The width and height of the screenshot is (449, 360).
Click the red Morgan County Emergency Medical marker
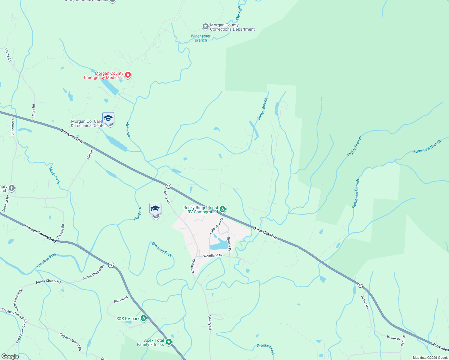click(128, 75)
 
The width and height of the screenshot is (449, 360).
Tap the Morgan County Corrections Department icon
click(205, 27)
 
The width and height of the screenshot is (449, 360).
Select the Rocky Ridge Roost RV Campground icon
click(222, 209)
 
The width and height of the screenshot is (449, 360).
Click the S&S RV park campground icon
click(144, 318)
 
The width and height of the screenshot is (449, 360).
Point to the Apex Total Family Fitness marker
click(169, 342)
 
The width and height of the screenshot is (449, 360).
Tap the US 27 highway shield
click(111, 265)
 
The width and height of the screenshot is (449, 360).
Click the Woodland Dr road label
click(213, 256)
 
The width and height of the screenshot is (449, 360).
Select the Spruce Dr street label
click(229, 244)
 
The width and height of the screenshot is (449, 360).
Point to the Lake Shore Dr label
click(217, 226)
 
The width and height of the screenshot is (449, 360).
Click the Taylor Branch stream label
click(354, 146)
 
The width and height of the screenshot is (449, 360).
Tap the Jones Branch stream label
click(263, 109)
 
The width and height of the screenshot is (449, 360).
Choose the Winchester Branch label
click(201, 38)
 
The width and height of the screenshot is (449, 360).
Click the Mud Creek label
click(55, 175)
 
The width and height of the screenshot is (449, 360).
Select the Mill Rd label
click(90, 155)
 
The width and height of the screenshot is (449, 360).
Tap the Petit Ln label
click(403, 340)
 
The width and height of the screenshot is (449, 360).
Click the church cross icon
click(11, 188)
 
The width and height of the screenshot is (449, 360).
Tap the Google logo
click(10, 356)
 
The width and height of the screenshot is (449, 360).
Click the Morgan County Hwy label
click(41, 234)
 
